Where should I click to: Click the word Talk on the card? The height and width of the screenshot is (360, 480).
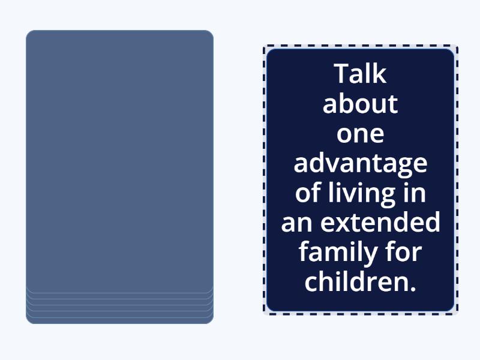pos(360,74)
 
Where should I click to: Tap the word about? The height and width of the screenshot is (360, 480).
pos(360,104)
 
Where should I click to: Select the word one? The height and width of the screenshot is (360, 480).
pos(360,133)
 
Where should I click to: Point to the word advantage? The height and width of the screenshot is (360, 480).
pos(360,163)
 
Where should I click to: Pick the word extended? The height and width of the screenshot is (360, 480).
pos(380,223)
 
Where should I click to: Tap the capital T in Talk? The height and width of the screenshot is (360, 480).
pos(341,74)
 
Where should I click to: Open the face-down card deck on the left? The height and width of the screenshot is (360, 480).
pos(119,162)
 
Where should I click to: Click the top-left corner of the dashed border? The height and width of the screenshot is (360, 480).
pos(265,47)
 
